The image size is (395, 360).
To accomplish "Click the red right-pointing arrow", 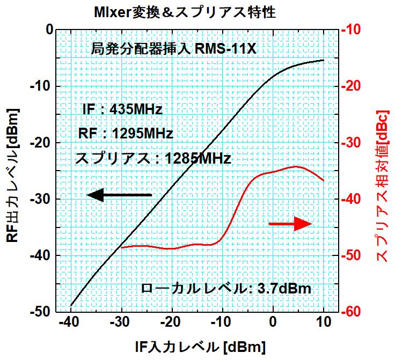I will [x=290, y=224].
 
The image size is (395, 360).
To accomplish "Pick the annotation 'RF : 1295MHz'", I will [x=126, y=133].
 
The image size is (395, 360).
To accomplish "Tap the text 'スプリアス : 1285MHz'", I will [x=153, y=159].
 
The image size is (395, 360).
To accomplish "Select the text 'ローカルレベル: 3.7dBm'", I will [x=225, y=288].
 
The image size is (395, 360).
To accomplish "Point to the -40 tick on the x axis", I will [x=70, y=324].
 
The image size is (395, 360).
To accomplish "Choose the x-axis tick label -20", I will [x=171, y=324].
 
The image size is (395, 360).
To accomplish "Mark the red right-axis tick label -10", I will [x=356, y=30].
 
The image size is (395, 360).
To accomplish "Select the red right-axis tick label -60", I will [x=356, y=312].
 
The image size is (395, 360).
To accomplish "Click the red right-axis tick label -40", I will [x=356, y=199].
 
